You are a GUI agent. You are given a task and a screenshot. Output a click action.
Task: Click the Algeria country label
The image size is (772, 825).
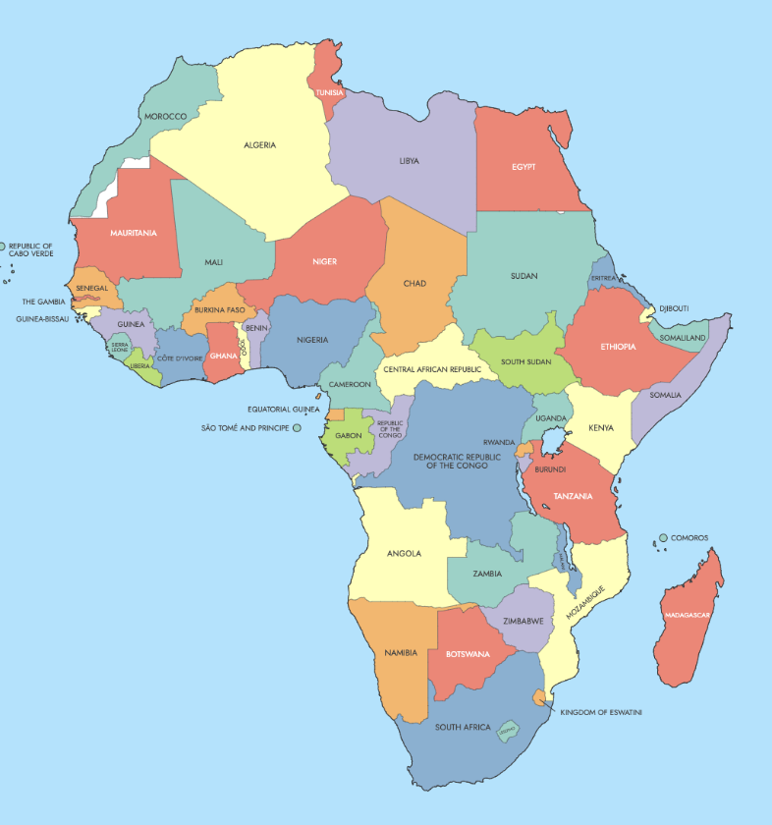259,145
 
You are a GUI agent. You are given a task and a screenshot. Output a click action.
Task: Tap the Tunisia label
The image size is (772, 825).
330,93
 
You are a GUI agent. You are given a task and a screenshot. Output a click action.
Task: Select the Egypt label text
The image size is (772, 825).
524,167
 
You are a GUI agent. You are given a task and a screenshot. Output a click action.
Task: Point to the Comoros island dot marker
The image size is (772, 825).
663,538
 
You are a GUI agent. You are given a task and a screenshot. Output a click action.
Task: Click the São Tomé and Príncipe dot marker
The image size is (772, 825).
297,428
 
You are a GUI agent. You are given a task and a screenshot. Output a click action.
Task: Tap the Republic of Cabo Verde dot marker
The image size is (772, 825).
3,247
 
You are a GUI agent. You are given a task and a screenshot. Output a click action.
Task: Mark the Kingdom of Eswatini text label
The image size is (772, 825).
600,712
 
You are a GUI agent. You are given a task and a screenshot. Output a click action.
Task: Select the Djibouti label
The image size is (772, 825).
674,308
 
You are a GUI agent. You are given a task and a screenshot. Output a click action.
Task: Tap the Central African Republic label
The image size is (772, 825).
433,369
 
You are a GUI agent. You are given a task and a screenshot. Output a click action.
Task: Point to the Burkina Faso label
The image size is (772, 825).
218,310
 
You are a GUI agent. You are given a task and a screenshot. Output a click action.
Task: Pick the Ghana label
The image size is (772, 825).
223,356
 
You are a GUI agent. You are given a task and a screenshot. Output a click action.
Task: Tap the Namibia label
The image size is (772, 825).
401,653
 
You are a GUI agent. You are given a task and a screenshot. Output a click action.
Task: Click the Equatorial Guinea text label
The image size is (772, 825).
283,409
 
